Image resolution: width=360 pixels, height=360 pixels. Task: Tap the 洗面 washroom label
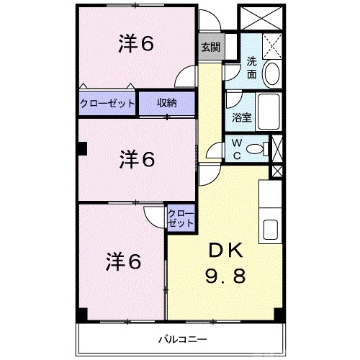click(x=252, y=67)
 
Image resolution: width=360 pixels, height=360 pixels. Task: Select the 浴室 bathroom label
click(x=241, y=117)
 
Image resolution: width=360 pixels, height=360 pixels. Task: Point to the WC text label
click(x=236, y=149)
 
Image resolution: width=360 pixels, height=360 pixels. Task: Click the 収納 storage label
click(x=167, y=103)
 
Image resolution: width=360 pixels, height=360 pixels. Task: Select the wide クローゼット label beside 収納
click(x=108, y=103)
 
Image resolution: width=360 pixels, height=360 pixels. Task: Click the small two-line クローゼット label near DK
click(x=181, y=218)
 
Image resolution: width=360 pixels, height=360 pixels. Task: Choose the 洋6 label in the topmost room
click(x=136, y=45)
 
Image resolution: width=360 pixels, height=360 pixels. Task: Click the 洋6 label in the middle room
click(x=138, y=158)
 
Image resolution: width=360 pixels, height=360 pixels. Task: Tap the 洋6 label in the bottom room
click(x=124, y=259)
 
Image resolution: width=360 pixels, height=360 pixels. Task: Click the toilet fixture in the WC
click(x=256, y=149)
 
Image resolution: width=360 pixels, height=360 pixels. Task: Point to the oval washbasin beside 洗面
click(x=273, y=72)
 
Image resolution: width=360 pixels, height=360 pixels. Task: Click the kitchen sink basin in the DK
click(x=271, y=230)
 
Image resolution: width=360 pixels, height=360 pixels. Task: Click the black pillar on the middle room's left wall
click(x=82, y=149)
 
